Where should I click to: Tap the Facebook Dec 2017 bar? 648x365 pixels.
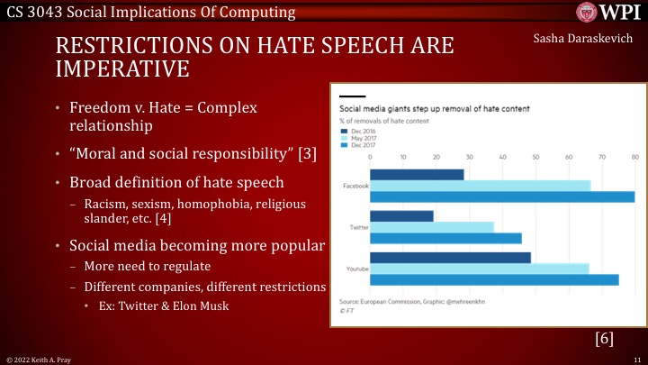pyautogui.click(x=502, y=196)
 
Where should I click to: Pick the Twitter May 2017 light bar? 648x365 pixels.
pyautogui.click(x=432, y=227)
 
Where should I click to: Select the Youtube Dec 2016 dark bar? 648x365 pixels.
pyautogui.click(x=450, y=257)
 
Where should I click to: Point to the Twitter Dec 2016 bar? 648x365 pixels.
pyautogui.click(x=401, y=216)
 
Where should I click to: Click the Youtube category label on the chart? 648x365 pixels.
pyautogui.click(x=353, y=268)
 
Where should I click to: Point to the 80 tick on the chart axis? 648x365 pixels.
pyautogui.click(x=634, y=157)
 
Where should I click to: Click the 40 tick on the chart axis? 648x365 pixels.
pyautogui.click(x=502, y=157)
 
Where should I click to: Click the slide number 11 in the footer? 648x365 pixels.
pyautogui.click(x=635, y=359)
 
